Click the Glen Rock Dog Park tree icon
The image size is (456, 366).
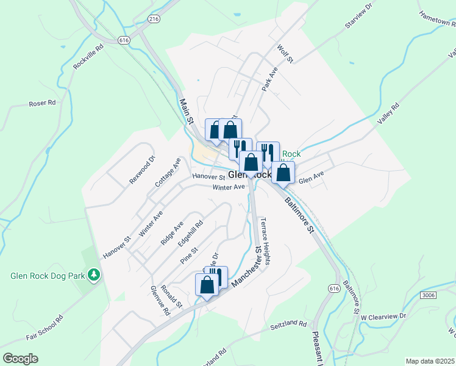coord(94,275)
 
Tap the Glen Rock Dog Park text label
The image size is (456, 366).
coord(47,276)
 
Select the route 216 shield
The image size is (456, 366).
coord(154,19)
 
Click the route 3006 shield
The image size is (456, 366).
coord(429,295)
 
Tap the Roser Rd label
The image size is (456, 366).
coord(42,104)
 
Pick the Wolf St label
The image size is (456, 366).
coord(285,52)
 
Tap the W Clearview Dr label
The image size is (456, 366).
coord(383,317)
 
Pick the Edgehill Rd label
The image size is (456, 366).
coord(190,233)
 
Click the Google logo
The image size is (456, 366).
coord(20,358)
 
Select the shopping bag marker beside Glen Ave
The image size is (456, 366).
coord(283,172)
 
